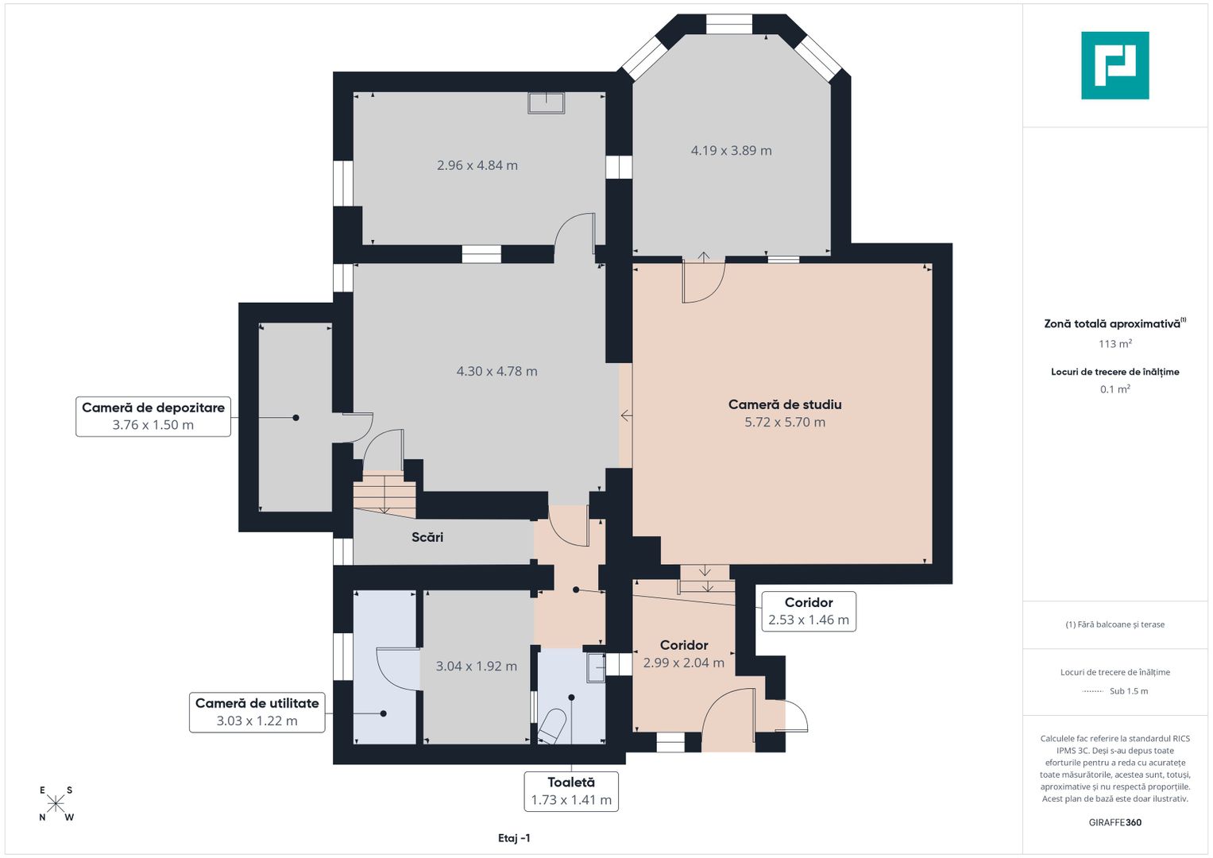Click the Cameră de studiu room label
(785, 404)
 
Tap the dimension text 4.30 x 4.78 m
(497, 372)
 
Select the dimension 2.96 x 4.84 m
(477, 165)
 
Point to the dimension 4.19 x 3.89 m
(731, 151)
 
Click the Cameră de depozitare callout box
(153, 416)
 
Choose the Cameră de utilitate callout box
(257, 713)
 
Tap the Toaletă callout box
(571, 791)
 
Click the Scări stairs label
(427, 537)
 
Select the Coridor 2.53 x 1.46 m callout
(809, 611)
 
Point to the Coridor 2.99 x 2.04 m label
(684, 654)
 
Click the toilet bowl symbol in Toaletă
(552, 726)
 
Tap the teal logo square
(1115, 65)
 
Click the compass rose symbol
(56, 803)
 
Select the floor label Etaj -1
(514, 838)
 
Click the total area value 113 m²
(1115, 343)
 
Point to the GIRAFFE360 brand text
(1115, 822)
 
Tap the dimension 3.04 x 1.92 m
(477, 667)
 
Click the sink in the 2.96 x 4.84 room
(547, 103)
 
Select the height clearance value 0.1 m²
(1115, 389)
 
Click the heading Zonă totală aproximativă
(1112, 324)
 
